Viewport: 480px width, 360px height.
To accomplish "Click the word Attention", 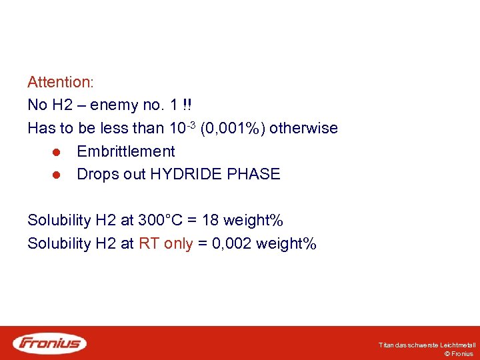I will coord(59,83).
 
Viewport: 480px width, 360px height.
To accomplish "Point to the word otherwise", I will coord(303,128).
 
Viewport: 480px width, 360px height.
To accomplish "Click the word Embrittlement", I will coord(126,151).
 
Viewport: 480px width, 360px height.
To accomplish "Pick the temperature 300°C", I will coord(159,221).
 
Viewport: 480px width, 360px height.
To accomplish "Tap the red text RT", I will coord(149,244).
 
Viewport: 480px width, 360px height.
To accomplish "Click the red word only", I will coord(178,244).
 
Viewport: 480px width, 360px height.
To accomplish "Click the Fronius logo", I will coord(50,343).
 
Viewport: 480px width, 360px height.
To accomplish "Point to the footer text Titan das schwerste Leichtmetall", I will coord(427,345).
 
